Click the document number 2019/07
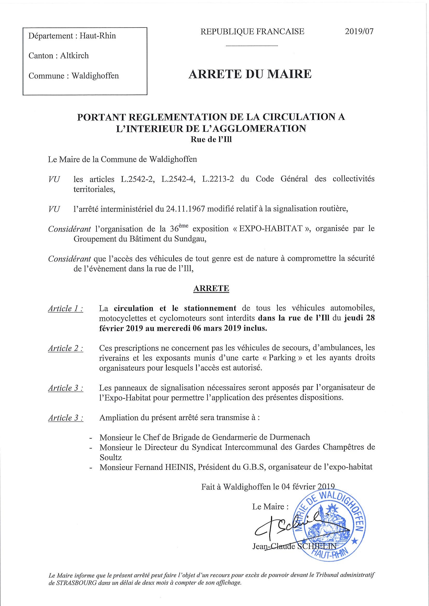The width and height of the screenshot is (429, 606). [x=359, y=31]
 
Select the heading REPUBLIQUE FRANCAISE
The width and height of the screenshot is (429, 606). [x=252, y=32]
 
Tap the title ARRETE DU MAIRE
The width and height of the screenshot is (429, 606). [x=250, y=74]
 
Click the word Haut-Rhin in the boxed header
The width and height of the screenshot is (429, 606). [x=98, y=36]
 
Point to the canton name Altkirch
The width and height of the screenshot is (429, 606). [x=74, y=56]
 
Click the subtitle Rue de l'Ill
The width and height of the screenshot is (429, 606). [x=211, y=139]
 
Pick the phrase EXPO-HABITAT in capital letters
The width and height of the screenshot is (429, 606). [x=271, y=229]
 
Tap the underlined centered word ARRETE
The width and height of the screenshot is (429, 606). [x=211, y=288]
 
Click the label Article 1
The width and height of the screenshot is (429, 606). [x=65, y=308]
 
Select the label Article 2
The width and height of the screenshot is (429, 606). [x=65, y=348]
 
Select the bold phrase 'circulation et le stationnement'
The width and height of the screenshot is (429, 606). [x=175, y=308]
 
